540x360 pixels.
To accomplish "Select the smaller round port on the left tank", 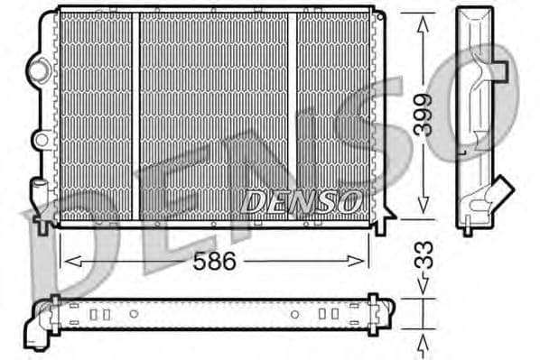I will click(x=39, y=139).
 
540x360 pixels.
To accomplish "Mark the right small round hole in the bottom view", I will click(x=293, y=314).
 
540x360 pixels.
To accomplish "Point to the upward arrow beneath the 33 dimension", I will click(x=422, y=343).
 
